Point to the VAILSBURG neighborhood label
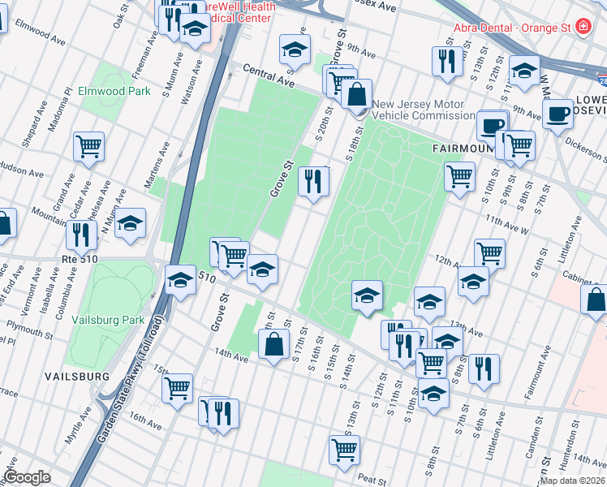coord(77,377)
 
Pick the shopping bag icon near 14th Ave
coord(274,344)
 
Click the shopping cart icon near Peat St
coord(344,450)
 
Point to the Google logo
coord(28,477)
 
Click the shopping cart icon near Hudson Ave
coord(88,147)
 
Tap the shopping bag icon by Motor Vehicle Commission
coord(356,94)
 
